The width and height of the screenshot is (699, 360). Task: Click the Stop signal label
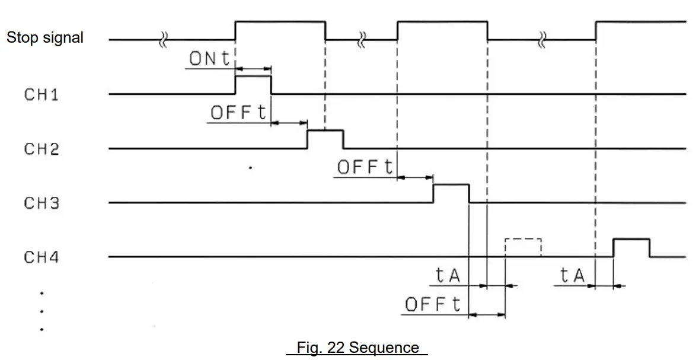(x=44, y=38)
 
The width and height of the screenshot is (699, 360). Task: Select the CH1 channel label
(x=41, y=94)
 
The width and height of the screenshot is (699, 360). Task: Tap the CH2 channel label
(x=41, y=149)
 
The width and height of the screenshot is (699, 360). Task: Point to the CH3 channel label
(x=41, y=203)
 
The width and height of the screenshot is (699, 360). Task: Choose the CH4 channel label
(x=41, y=258)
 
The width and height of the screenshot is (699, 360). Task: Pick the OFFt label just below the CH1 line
(x=239, y=113)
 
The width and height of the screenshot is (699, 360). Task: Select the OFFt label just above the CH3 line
(x=365, y=167)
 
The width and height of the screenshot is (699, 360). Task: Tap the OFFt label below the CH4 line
(x=433, y=305)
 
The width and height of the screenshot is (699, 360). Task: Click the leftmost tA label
(x=448, y=275)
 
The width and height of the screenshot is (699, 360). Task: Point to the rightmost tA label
(x=572, y=275)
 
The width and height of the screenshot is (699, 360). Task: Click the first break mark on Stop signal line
(x=164, y=40)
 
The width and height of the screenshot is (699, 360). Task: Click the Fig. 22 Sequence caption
(x=358, y=348)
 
